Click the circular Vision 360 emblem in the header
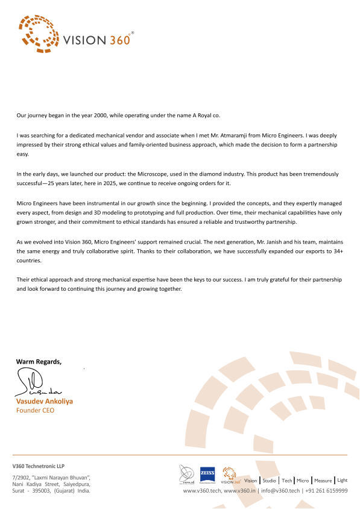pos(37,32)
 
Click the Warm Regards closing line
pos(39,362)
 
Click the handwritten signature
pos(37,384)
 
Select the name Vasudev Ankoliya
pos(45,401)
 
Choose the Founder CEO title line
pos(35,410)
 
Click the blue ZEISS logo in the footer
pos(208,473)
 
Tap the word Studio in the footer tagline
pos(269,481)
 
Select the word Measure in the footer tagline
pos(323,481)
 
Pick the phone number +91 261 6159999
pos(326,491)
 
